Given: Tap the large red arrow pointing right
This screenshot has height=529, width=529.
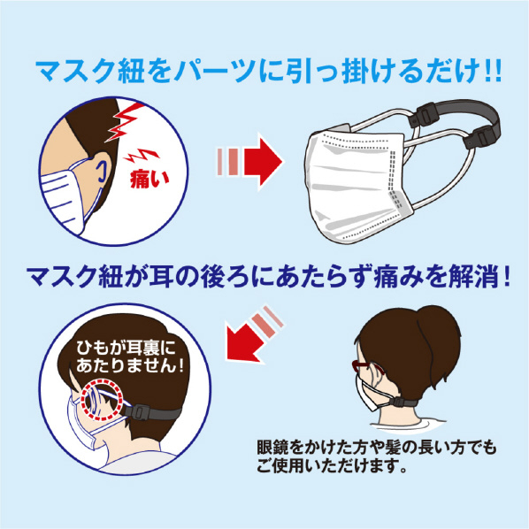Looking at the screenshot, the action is tap(263, 161).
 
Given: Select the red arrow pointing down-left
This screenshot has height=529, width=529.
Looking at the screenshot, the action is tap(246, 342).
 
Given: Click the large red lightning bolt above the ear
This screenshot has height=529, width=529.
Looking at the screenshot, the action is tap(126, 121).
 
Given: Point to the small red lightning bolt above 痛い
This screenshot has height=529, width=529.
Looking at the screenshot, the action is tap(142, 156).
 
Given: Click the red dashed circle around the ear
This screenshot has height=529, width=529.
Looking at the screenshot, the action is tap(101, 400).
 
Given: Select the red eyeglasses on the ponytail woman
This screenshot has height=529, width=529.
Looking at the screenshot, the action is tap(366, 367).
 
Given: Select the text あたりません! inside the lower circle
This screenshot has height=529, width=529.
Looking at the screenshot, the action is tap(130, 365).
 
